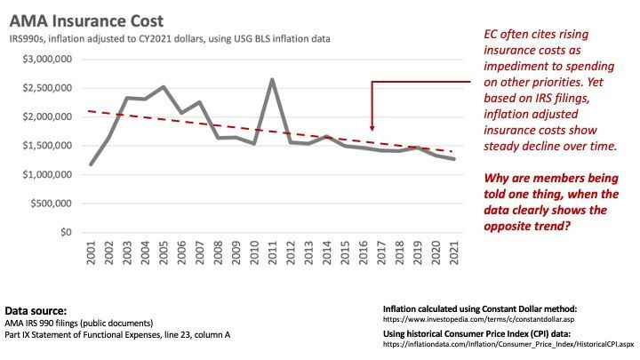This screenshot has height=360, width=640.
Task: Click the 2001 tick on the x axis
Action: click(92, 253)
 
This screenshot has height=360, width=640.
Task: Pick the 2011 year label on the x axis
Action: click(272, 253)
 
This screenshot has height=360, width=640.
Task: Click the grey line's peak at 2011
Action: click(272, 80)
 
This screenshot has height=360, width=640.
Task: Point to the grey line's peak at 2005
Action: click(164, 87)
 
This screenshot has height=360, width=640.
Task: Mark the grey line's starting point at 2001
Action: click(92, 164)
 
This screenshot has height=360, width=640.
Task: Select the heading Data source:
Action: click(36, 310)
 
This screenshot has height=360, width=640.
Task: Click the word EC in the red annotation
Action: click(492, 34)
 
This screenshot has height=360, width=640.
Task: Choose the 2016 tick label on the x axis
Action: click(363, 253)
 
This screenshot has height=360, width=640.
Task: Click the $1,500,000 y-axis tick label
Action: click(48, 146)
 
